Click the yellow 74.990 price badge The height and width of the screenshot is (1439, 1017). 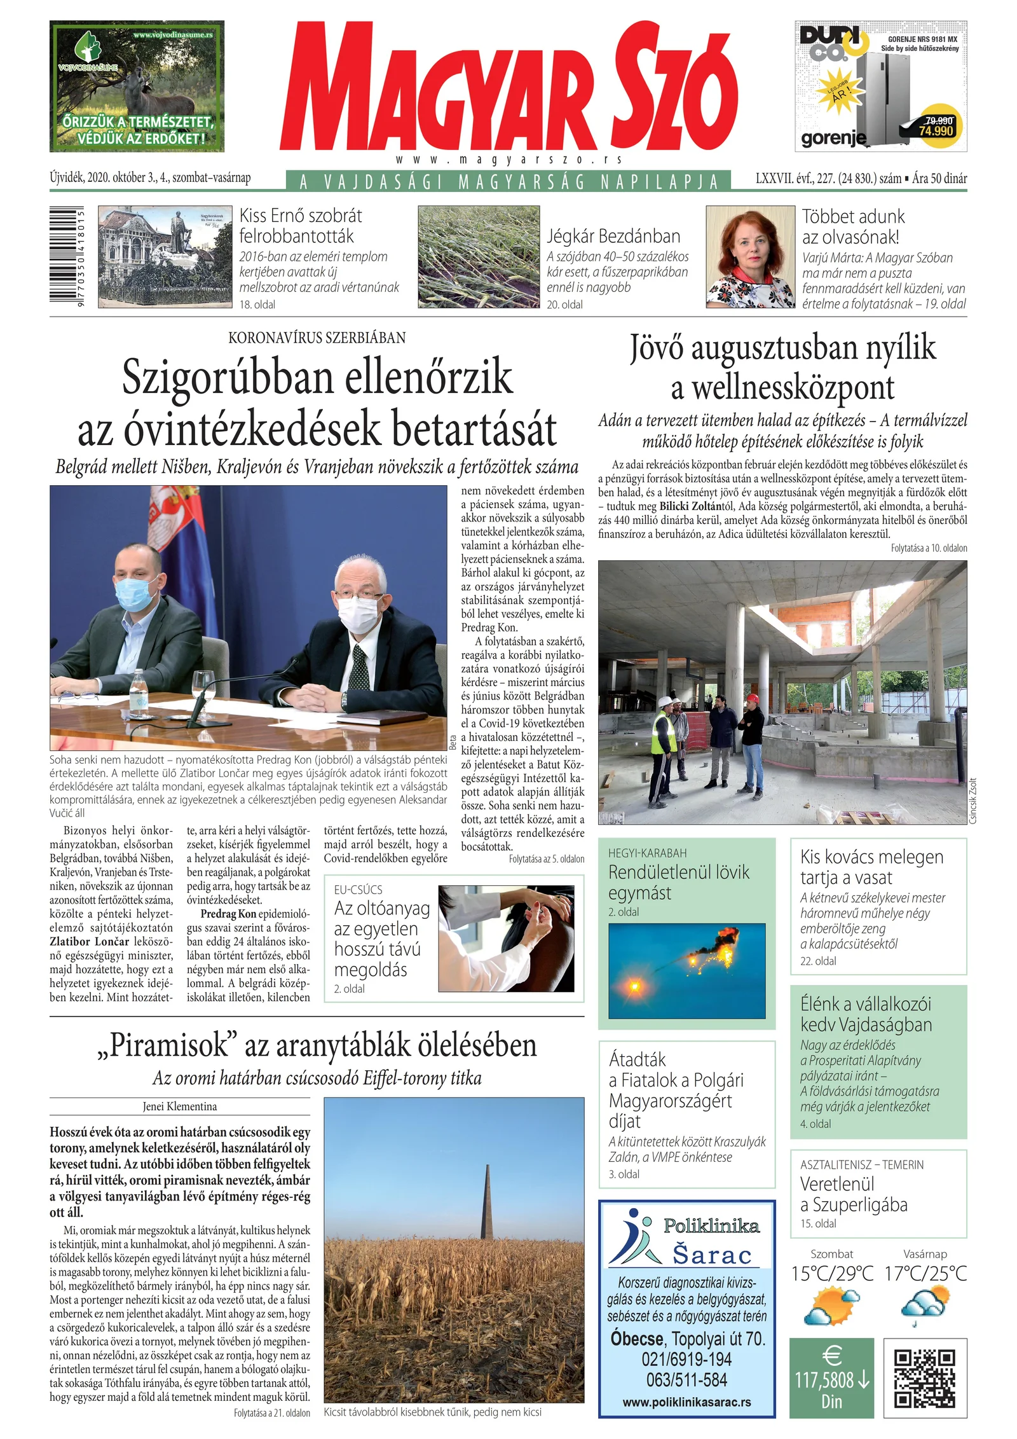coord(936,126)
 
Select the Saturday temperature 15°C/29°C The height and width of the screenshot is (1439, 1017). coord(831,1274)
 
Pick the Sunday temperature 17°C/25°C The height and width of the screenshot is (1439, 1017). coord(925,1274)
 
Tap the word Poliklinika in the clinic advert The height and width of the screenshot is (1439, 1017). coord(711,1226)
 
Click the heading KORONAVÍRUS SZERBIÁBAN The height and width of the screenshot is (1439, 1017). coord(317,338)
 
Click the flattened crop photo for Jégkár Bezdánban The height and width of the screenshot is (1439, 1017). coord(478,257)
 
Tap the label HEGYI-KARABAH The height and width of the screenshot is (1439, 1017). coord(647,853)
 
